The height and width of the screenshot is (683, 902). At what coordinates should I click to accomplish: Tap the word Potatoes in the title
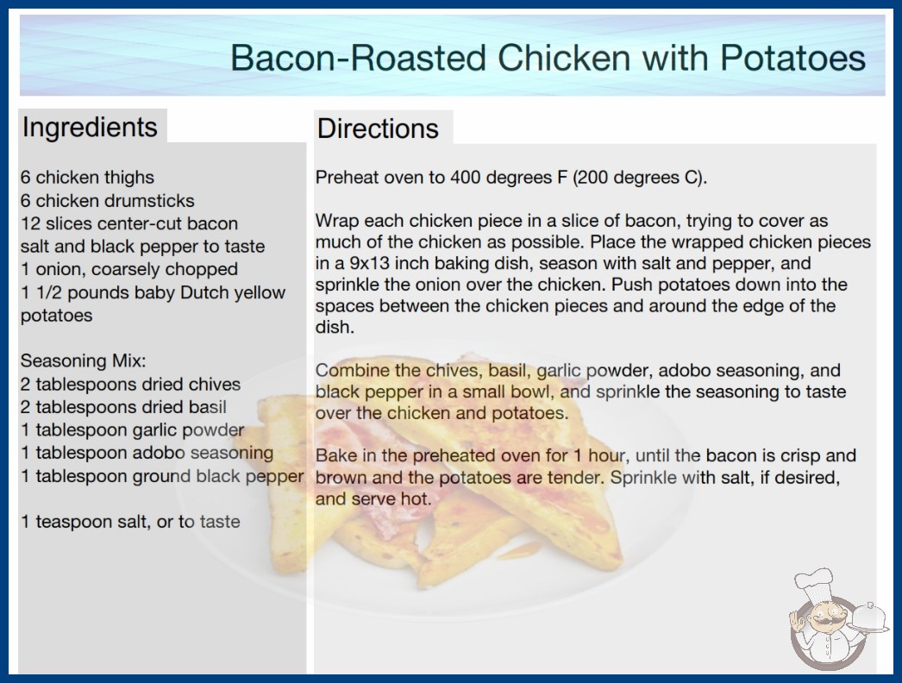[792, 58]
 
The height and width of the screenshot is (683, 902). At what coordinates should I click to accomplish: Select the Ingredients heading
[90, 128]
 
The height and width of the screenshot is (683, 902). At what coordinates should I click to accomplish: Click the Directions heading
[378, 128]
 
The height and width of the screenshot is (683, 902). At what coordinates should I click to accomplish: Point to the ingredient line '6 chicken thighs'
[87, 178]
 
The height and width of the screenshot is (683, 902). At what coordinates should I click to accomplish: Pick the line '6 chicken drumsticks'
[108, 200]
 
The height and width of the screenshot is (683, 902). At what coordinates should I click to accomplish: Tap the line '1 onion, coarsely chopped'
[129, 269]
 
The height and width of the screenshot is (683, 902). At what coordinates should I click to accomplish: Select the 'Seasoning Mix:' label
[84, 360]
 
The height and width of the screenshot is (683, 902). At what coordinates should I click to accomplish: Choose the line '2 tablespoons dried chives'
[130, 384]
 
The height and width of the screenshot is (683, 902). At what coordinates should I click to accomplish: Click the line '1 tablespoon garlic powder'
[133, 429]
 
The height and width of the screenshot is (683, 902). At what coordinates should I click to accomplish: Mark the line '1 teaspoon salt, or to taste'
[130, 522]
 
